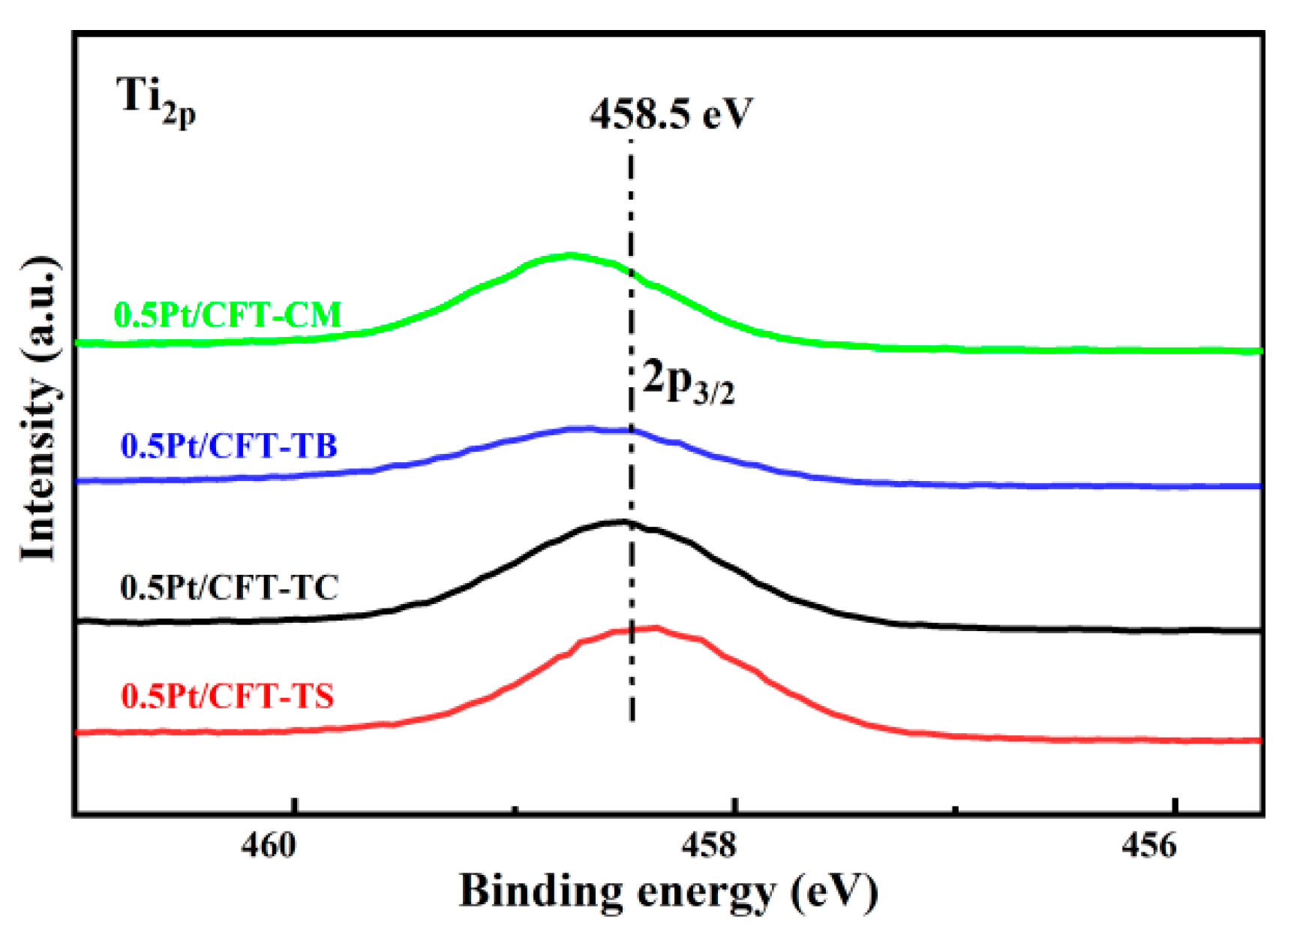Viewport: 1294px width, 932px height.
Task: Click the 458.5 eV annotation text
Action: point(670,114)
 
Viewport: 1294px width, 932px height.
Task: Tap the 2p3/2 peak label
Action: point(689,383)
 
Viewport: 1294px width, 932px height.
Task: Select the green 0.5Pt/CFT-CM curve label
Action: point(227,314)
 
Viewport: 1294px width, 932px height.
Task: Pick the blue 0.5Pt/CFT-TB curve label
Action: point(230,446)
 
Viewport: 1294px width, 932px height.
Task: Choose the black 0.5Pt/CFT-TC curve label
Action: point(230,587)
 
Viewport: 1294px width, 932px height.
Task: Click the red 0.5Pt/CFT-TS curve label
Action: point(227,696)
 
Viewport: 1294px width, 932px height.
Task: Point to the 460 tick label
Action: point(269,846)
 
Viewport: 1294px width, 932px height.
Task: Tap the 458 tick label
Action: point(709,846)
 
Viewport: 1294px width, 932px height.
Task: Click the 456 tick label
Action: point(1149,846)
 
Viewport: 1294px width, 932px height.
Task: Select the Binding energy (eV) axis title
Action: point(668,891)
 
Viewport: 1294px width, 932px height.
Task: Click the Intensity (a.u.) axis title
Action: point(39,409)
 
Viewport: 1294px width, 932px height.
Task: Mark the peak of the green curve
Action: point(570,255)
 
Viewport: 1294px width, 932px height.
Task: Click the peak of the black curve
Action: point(623,521)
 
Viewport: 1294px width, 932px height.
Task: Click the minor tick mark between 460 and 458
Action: point(515,810)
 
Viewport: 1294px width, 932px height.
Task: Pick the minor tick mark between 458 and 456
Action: point(955,810)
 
